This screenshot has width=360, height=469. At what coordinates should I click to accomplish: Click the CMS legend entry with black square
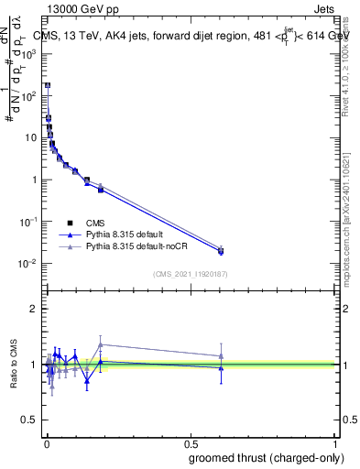96,222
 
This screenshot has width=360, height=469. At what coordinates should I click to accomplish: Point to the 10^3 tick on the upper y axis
29,53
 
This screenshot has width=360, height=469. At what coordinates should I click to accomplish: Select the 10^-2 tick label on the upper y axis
29,264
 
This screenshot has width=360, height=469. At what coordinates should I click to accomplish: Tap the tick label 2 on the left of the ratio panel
33,309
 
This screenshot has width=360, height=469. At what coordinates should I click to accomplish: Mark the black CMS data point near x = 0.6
221,251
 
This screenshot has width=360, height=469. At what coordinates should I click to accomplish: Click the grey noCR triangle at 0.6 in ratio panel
221,356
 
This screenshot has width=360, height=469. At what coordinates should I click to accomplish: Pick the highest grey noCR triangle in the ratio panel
101,344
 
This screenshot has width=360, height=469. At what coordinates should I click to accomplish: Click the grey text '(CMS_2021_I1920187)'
191,273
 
